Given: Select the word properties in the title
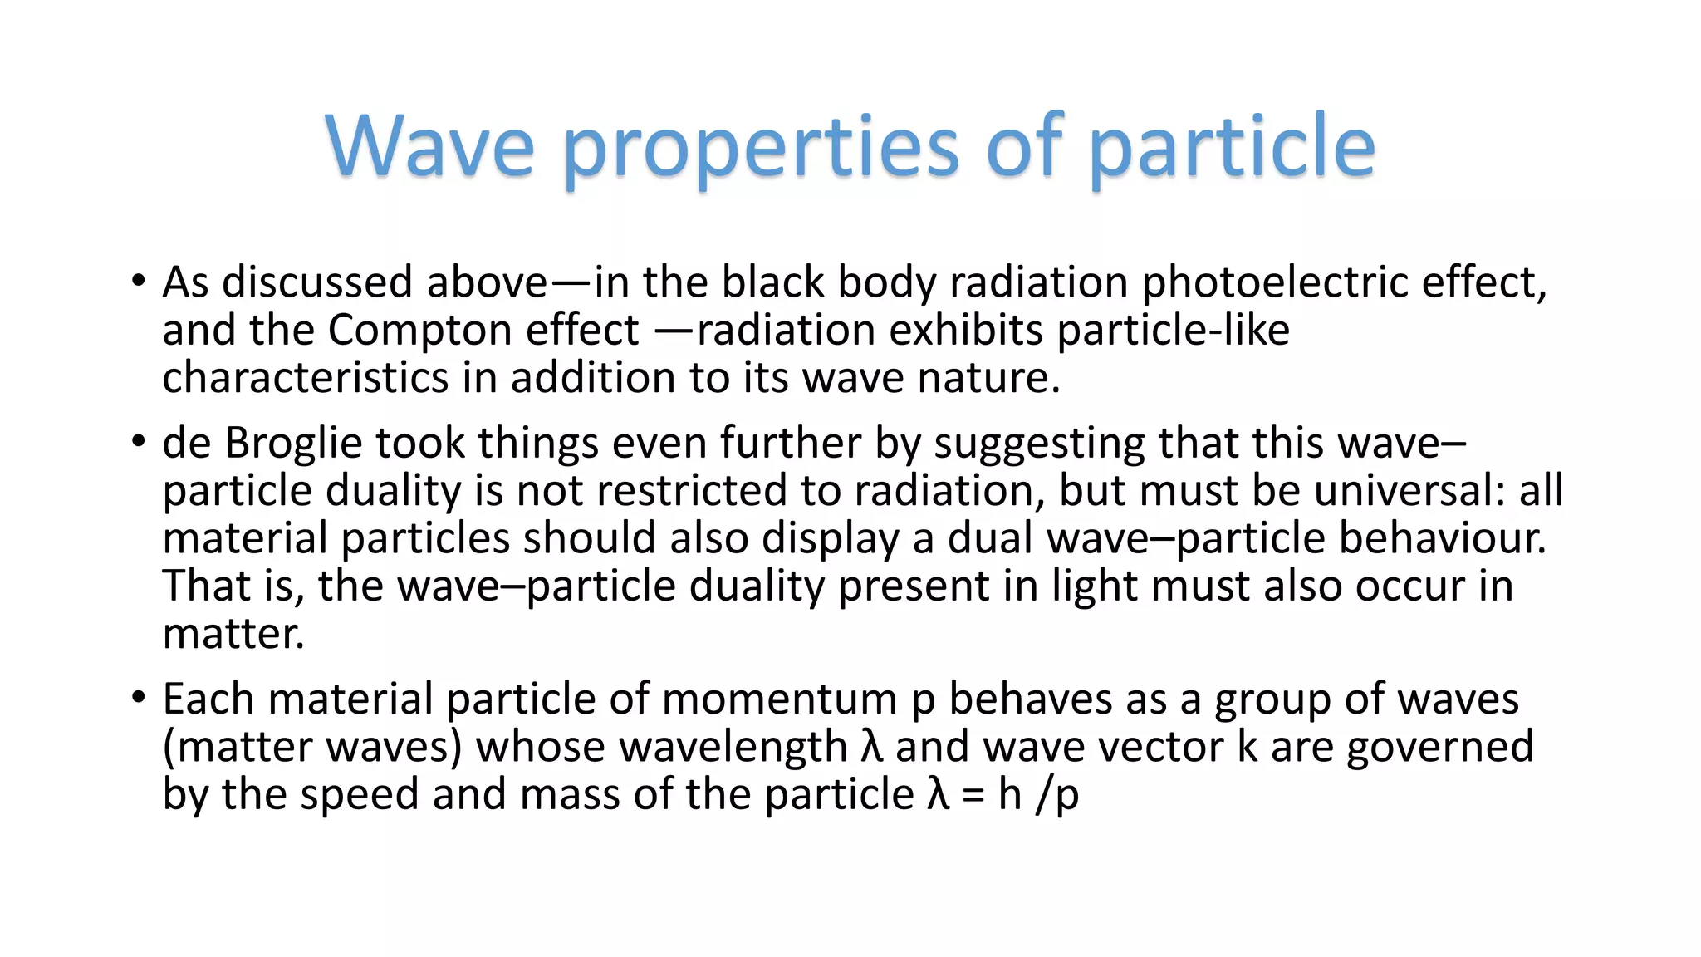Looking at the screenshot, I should (x=761, y=148).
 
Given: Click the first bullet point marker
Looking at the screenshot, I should (x=139, y=281).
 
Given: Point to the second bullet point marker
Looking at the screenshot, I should (x=139, y=441).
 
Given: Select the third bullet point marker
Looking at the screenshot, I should (x=139, y=697).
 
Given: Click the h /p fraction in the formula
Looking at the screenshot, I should (x=1038, y=794).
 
